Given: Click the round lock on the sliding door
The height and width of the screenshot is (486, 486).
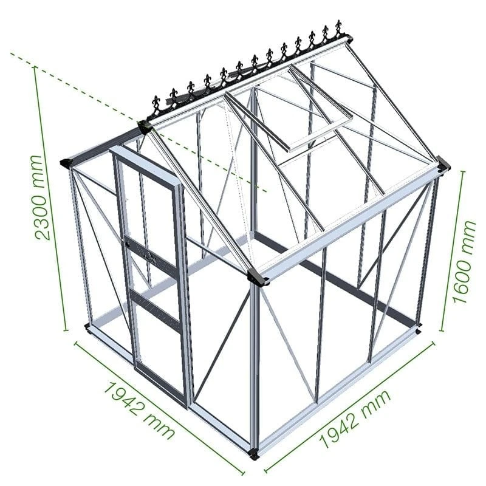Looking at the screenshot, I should click(128, 242).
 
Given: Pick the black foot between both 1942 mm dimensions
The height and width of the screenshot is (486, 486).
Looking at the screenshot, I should click(254, 453).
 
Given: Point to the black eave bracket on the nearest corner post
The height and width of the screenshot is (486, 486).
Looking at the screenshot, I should click(258, 278).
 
